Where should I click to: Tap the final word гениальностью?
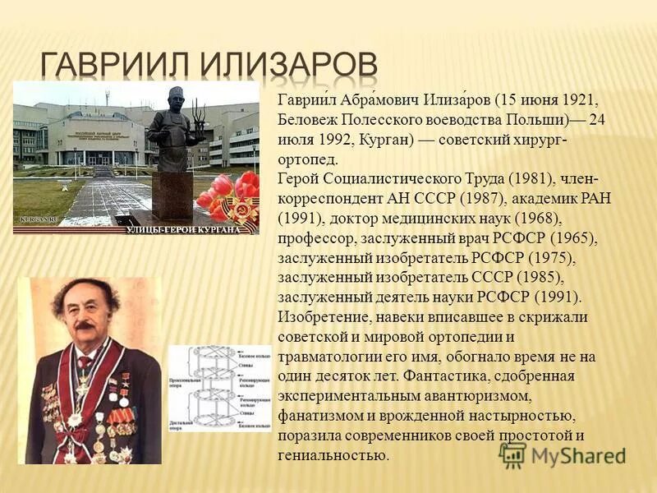click(332, 455)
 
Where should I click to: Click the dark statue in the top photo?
click(172, 131)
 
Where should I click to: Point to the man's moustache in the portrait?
click(85, 325)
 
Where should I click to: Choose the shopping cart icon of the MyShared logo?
click(512, 454)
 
